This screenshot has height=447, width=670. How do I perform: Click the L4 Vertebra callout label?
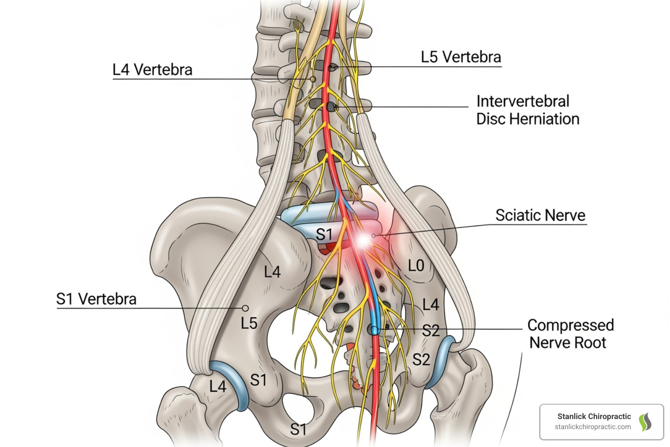[x=152, y=70]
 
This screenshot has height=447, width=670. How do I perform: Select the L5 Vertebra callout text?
[x=461, y=57]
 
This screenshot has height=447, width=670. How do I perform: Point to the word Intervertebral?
[x=523, y=101]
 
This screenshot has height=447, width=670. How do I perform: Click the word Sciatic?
[x=517, y=215]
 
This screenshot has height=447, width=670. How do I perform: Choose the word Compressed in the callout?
[x=571, y=325]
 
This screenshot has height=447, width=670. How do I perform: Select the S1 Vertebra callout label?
[x=96, y=299]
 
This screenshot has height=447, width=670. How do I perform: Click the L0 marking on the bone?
[x=416, y=265]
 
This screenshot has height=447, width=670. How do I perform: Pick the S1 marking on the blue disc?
[x=324, y=234]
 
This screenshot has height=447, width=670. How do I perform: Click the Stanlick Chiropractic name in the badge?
[x=594, y=416]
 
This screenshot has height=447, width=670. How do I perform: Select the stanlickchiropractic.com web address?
[x=593, y=427]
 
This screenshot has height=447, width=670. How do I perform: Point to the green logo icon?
[x=645, y=422]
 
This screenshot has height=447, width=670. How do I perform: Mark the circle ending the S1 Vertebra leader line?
[x=245, y=309]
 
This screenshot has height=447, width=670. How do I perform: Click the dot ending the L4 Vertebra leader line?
[x=313, y=79]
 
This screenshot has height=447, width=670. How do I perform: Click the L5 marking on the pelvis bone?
[x=249, y=323]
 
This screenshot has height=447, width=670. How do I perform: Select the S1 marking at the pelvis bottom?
[x=298, y=430]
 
